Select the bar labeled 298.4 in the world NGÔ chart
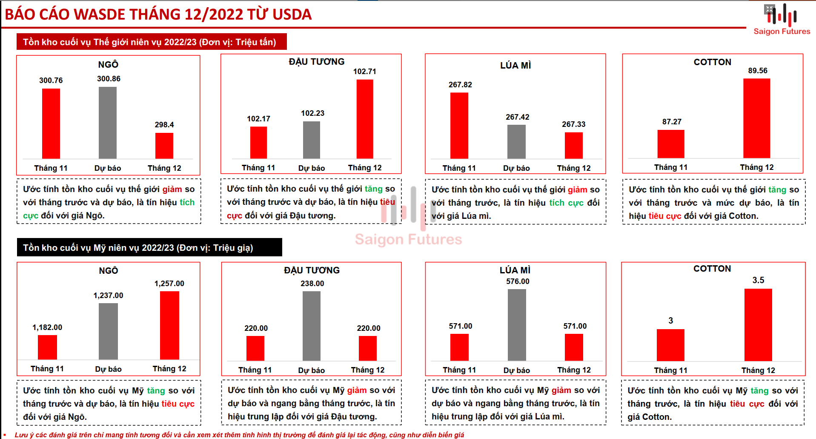click(164, 146)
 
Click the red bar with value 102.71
click(365, 119)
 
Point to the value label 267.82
click(460, 85)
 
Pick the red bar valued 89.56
click(756, 118)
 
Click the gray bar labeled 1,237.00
click(108, 331)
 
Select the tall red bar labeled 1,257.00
click(169, 325)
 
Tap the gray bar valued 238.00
click(312, 326)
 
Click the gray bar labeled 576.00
click(517, 325)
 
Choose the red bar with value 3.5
click(758, 325)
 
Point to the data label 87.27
click(672, 122)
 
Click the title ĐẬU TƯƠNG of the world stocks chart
click(316, 62)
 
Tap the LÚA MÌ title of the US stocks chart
click(515, 270)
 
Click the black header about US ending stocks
click(149, 247)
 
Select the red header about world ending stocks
click(151, 42)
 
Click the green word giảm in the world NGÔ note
click(172, 189)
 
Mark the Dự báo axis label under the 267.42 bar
click(516, 168)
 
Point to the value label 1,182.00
click(47, 327)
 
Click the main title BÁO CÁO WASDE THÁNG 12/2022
click(158, 14)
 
